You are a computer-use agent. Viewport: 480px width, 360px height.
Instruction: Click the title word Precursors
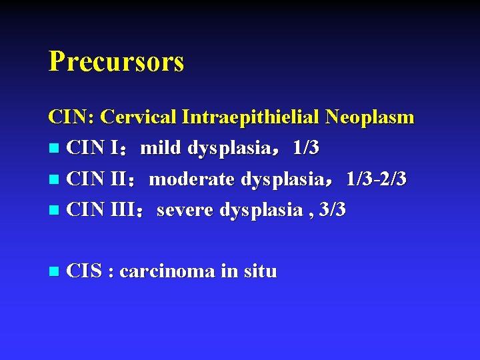[116, 62]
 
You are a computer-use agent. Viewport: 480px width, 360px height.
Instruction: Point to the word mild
[162, 148]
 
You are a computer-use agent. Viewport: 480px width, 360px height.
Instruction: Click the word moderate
[191, 179]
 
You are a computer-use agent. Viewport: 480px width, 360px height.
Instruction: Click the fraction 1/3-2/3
[376, 179]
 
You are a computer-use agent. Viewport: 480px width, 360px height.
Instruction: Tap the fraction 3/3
[332, 210]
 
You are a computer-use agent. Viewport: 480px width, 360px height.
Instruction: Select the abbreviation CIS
[84, 271]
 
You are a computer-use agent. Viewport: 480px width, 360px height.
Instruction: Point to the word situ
[259, 271]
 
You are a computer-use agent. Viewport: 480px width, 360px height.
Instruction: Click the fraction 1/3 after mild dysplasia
[305, 148]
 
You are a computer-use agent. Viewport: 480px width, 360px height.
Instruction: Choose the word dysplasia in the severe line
[261, 210]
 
